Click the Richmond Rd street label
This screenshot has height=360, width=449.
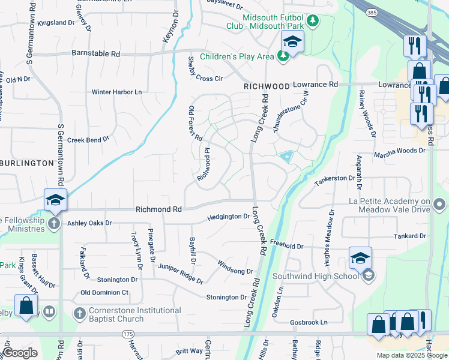pyautogui.click(x=158, y=209)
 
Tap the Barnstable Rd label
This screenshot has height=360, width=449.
pyautogui.click(x=95, y=53)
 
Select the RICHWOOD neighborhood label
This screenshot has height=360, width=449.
pyautogui.click(x=267, y=86)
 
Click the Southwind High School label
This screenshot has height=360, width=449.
pyautogui.click(x=315, y=276)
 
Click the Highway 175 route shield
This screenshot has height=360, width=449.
pyautogui.click(x=127, y=333)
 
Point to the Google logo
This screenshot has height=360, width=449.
pyautogui.click(x=20, y=353)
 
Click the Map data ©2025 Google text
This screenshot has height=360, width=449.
pyautogui.click(x=412, y=355)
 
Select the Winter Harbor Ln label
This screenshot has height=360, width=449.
pyautogui.click(x=116, y=92)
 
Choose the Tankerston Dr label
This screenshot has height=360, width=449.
pyautogui.click(x=335, y=178)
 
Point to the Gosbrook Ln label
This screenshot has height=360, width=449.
pyautogui.click(x=308, y=322)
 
